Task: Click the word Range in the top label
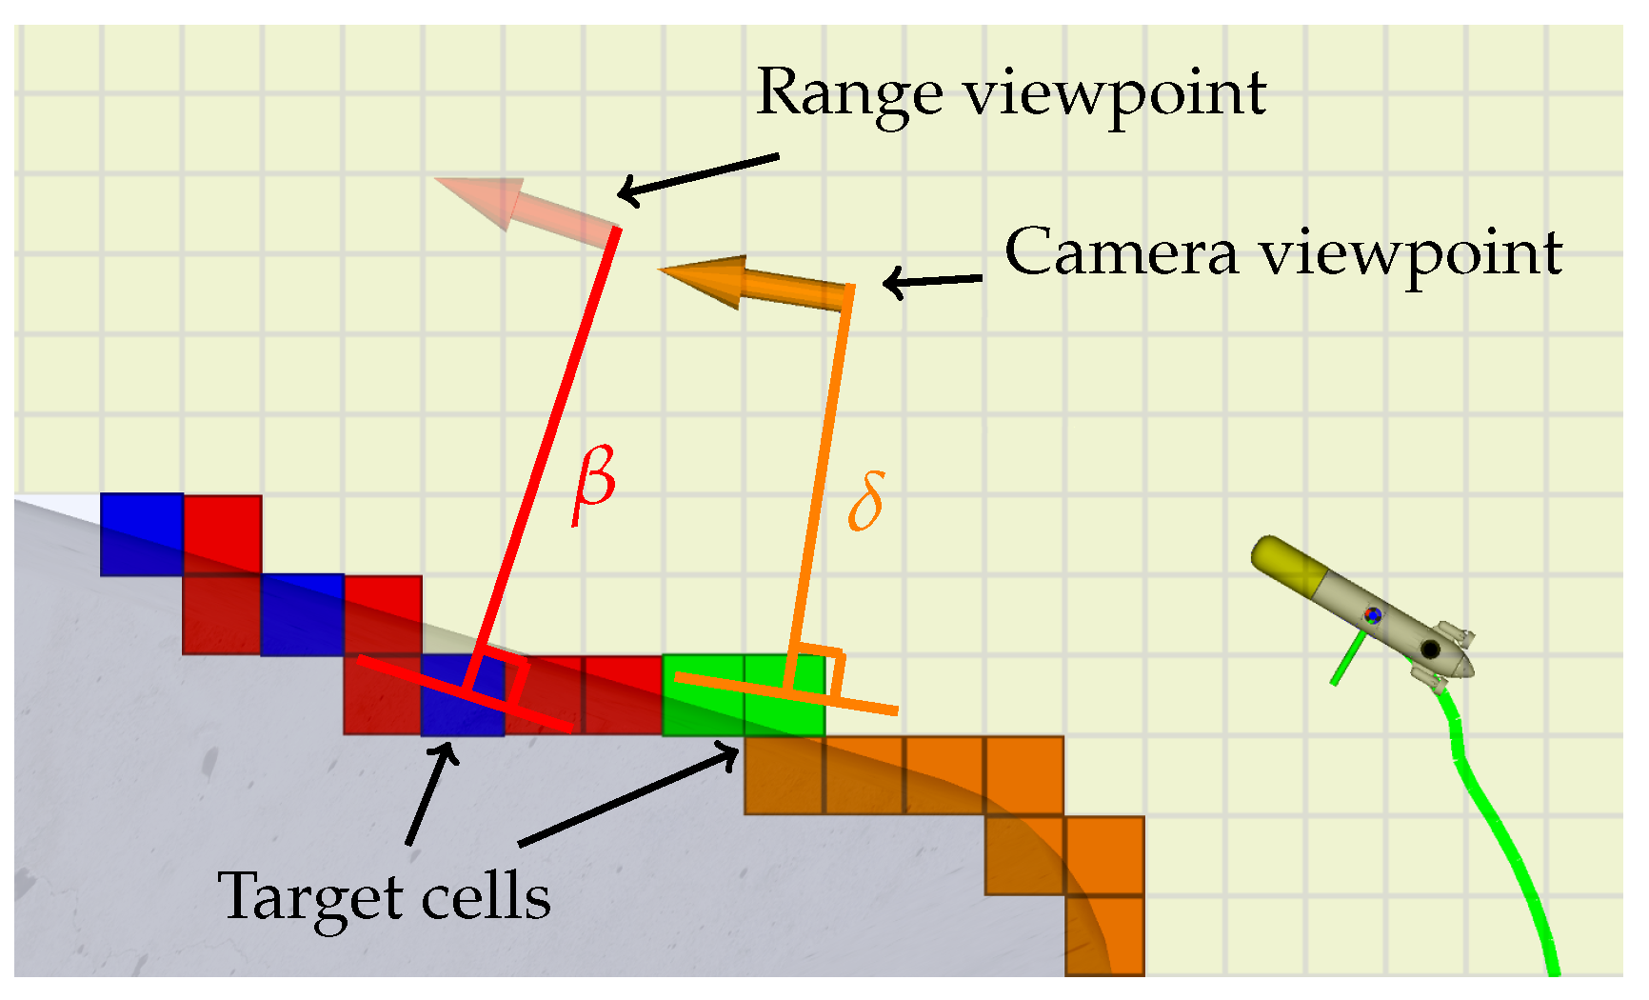(849, 94)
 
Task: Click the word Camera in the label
(1122, 252)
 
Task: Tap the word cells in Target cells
(486, 896)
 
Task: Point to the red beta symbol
(595, 483)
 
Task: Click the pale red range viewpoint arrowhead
(482, 199)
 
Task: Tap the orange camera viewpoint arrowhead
(705, 277)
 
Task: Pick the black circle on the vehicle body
(1430, 650)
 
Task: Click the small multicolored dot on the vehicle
(1372, 615)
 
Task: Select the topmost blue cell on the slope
(141, 533)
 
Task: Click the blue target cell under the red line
(463, 696)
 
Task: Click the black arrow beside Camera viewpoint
(933, 281)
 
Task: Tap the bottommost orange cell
(1104, 936)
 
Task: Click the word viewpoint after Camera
(1411, 254)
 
